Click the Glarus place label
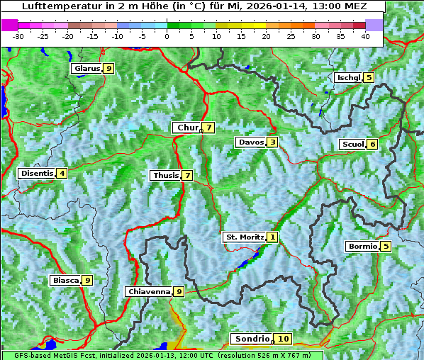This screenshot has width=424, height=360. tap(86, 69)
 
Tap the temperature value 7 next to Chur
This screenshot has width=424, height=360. tap(209, 128)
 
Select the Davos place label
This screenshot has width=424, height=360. tap(251, 142)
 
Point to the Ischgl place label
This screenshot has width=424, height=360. tap(348, 78)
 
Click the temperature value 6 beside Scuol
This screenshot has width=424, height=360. tap(372, 145)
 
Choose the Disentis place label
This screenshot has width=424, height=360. tap(37, 174)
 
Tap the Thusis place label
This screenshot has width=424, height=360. tap(165, 176)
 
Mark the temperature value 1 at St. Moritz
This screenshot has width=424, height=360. tap(273, 237)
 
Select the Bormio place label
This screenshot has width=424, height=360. tap(362, 247)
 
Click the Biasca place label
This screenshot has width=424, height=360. tap(65, 281)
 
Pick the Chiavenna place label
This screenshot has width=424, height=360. tap(148, 292)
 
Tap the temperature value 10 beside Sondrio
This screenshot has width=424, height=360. tap(283, 339)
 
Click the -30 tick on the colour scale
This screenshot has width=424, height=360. tap(18, 36)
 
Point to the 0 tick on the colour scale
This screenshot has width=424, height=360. tap(167, 36)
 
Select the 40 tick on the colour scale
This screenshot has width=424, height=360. tap(365, 36)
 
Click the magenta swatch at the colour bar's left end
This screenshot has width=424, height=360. tap(9, 25)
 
